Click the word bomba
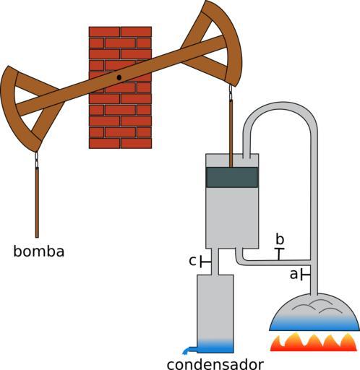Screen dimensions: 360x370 click(39, 251)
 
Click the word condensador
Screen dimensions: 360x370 click(215, 363)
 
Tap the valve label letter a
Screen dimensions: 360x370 click(293, 274)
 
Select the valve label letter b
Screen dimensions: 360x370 click(280, 239)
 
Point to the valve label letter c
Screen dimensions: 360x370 click(193, 261)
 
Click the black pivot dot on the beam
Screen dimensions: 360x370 click(119, 77)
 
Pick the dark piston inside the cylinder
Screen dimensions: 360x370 click(232, 177)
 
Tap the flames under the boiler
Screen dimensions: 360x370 click(314, 342)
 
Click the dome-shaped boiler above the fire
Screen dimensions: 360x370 click(313, 312)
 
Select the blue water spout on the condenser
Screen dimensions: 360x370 click(189, 350)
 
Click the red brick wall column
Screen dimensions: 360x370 click(120, 87)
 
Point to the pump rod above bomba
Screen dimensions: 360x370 click(37, 202)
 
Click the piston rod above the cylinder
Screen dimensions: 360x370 click(231, 134)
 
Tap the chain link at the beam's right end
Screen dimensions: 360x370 click(231, 92)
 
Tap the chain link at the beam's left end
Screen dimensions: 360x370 click(37, 159)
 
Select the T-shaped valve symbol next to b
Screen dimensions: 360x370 click(280, 254)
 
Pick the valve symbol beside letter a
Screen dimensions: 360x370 click(305, 275)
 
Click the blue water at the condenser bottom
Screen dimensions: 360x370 click(215, 346)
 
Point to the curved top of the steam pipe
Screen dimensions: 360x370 click(280, 106)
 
